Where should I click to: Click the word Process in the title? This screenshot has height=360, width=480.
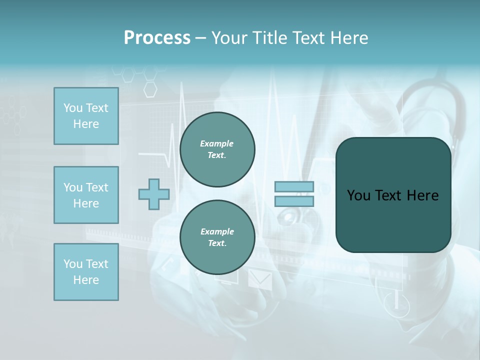[x=157, y=38]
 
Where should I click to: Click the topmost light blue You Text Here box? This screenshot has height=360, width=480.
[x=86, y=116]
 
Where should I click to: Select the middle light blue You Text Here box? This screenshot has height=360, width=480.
[x=86, y=195]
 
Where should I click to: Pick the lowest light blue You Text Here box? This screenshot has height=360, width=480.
[x=86, y=272]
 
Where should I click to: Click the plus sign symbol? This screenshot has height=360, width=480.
[x=154, y=194]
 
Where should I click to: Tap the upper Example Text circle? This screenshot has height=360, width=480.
[x=217, y=149]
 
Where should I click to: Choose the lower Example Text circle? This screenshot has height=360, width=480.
[x=217, y=237]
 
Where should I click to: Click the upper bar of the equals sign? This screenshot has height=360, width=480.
[x=294, y=187]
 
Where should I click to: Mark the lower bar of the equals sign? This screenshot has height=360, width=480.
[x=294, y=201]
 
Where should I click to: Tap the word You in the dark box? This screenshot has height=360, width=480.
[x=358, y=195]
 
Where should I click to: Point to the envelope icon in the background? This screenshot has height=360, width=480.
[x=260, y=280]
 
